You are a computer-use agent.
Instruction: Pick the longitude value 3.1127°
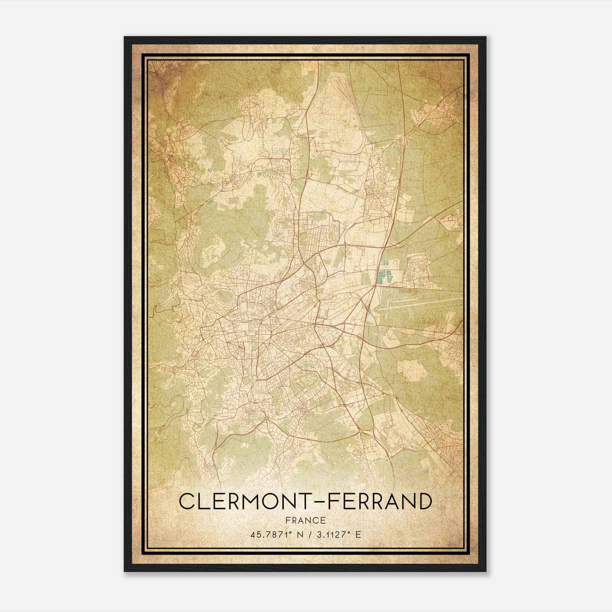334,534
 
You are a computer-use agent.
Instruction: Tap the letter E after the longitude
358,535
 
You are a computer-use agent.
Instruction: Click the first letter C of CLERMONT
186,501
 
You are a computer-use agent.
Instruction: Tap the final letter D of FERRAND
424,501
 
